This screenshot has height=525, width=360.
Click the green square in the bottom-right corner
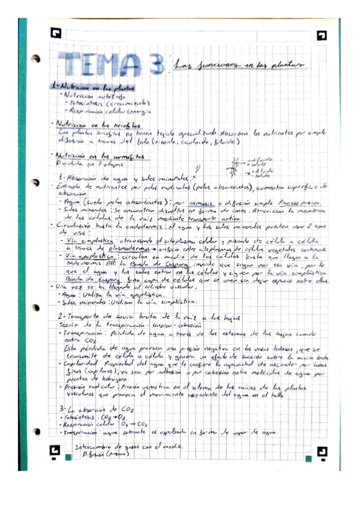pos(307,459)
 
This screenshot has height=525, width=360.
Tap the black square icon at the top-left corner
pos(55,35)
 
